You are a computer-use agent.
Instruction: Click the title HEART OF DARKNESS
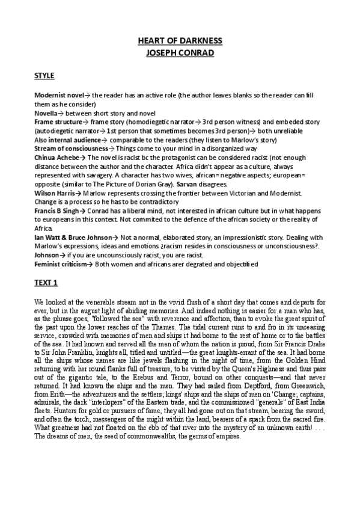click(180, 41)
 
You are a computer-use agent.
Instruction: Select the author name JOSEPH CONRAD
click(180, 52)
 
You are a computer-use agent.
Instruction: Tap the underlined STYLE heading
click(44, 76)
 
